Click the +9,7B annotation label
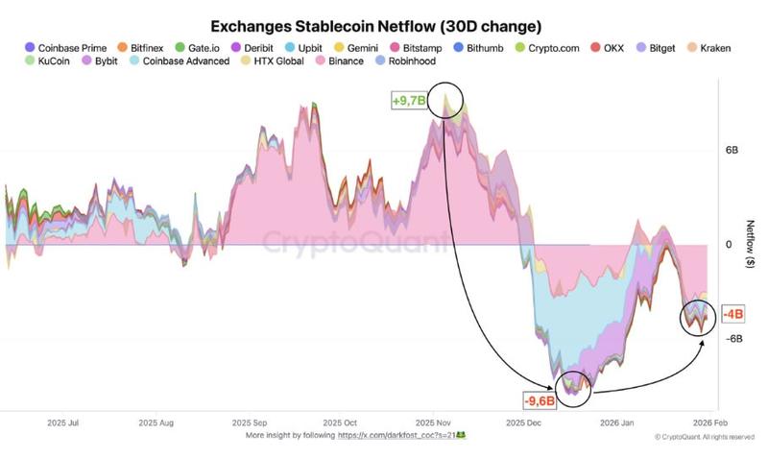tap(408, 100)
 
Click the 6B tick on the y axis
tap(731, 151)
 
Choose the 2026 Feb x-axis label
tap(709, 422)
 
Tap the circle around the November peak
tap(447, 99)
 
